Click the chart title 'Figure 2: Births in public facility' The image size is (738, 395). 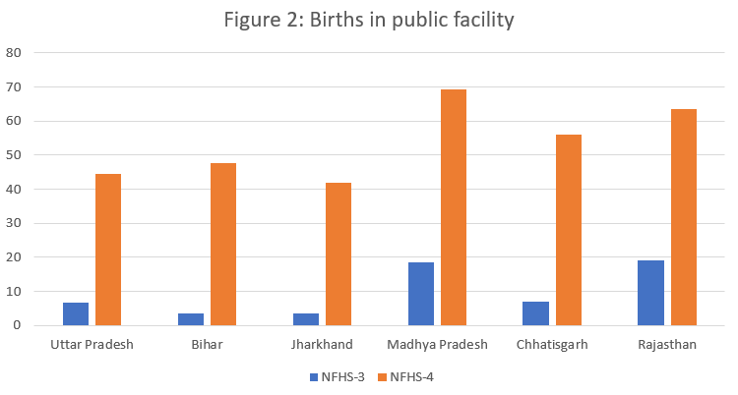(369, 20)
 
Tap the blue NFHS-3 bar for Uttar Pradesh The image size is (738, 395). (76, 313)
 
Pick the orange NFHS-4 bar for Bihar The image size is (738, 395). (223, 244)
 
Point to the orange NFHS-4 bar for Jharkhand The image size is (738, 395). (338, 254)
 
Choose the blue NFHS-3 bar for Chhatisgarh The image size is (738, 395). (535, 313)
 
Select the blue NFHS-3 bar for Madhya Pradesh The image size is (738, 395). (421, 294)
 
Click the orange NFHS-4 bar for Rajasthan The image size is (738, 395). (683, 217)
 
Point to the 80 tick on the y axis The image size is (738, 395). (14, 53)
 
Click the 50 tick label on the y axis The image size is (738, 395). (14, 155)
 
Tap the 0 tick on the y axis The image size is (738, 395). (18, 325)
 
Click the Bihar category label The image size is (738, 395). (207, 346)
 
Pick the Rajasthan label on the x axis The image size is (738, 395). (667, 346)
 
